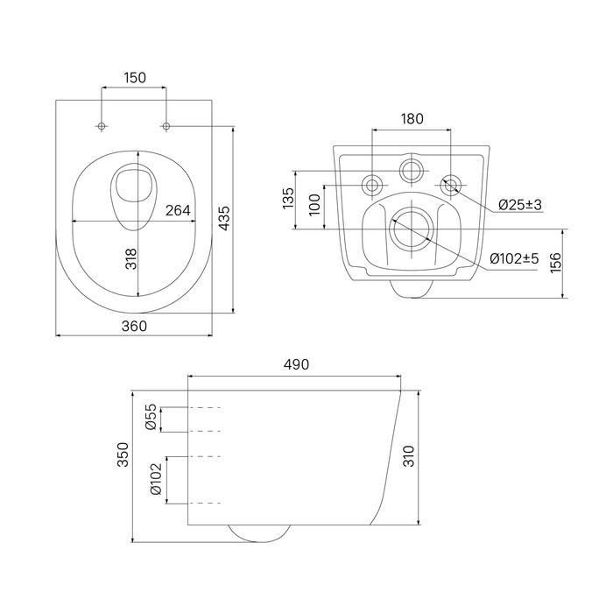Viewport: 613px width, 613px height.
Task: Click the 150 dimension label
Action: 135,78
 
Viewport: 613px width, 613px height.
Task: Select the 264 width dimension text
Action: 178,210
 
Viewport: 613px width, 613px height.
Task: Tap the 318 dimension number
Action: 131,259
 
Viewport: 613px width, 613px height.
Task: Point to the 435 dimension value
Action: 224,218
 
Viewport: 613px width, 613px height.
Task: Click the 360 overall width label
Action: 134,326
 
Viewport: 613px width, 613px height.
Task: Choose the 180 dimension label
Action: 412,118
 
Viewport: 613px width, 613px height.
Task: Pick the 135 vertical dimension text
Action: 288,198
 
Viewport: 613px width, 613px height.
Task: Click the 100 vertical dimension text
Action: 314,204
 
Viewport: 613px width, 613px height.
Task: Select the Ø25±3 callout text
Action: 520,204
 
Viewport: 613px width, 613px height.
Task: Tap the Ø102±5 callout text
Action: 515,258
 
